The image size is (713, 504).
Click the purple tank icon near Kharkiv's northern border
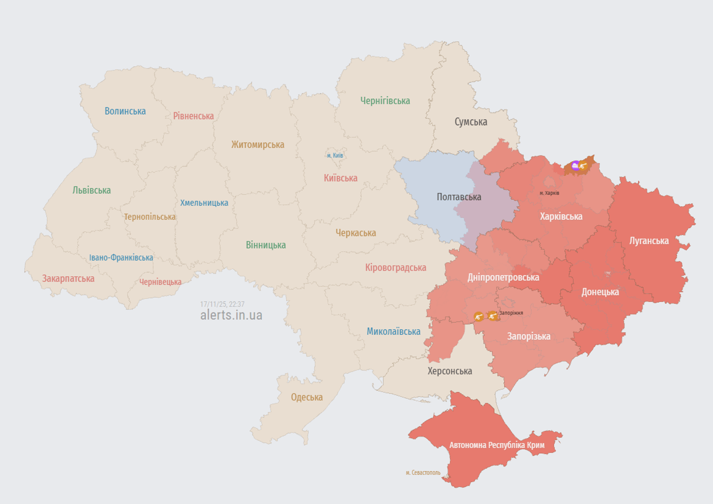575,166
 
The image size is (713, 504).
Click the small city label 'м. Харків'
549,193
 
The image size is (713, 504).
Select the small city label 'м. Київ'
335,155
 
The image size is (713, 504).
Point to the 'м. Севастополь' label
423,473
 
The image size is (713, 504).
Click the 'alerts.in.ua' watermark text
231,315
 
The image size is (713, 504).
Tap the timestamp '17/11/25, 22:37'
222,304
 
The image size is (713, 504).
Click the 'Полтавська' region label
458,197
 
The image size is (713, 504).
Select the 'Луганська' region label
649,241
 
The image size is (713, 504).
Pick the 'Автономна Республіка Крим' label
497,445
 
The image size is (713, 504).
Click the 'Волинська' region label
125,111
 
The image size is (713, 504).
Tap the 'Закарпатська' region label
68,279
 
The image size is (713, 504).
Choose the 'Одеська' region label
307,397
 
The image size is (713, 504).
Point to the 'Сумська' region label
471,122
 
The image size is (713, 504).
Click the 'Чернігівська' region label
385,101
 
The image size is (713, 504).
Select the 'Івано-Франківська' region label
121,258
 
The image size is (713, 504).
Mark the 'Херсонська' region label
450,371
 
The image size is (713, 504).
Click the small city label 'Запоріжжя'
511,313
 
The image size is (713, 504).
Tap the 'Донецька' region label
600,292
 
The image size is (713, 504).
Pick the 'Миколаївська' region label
394,332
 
